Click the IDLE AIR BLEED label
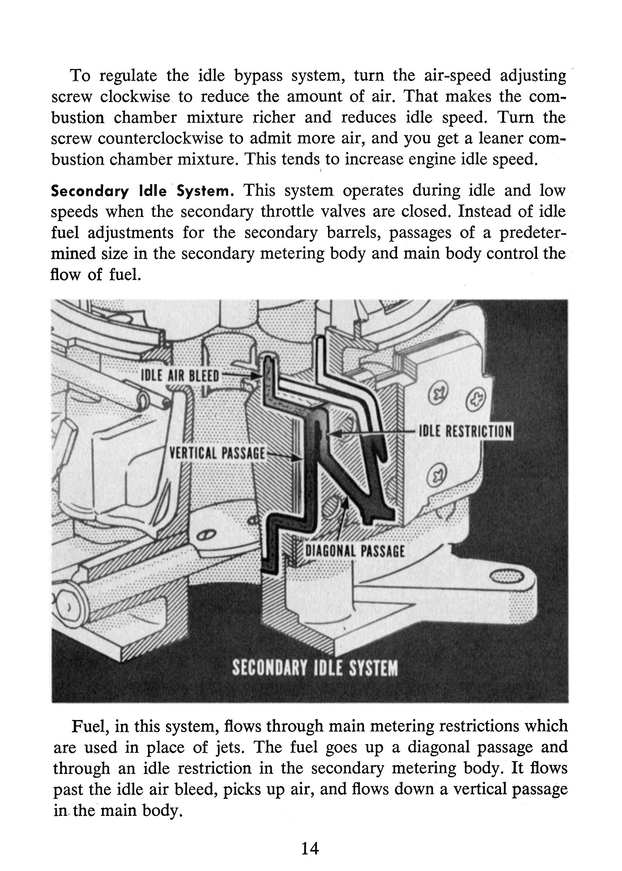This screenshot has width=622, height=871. pyautogui.click(x=180, y=376)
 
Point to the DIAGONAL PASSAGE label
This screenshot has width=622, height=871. pyautogui.click(x=355, y=552)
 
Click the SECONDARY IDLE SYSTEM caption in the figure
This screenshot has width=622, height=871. pyautogui.click(x=315, y=668)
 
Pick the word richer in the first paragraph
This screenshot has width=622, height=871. pyautogui.click(x=274, y=118)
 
